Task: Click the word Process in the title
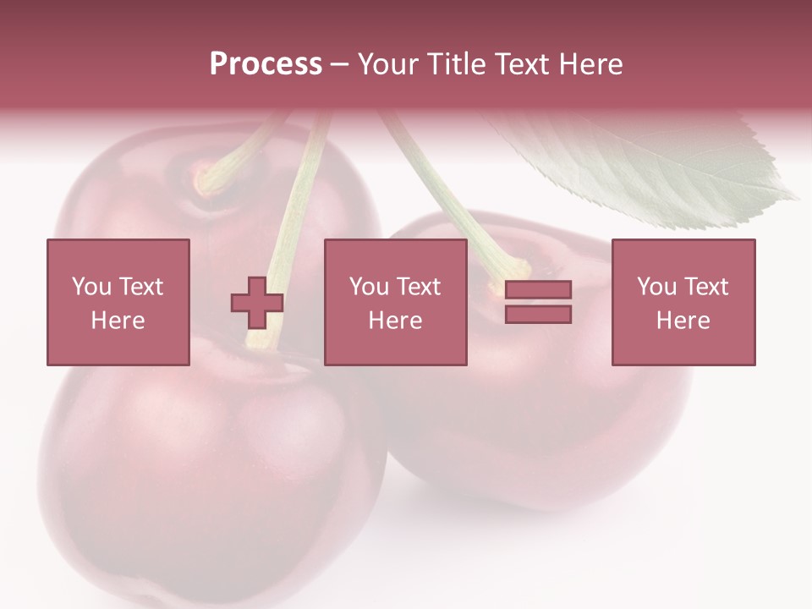[x=266, y=63]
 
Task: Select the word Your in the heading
[x=390, y=63]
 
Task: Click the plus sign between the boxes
[x=257, y=302]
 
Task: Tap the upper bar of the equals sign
[x=538, y=289]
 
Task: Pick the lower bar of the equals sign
[x=538, y=314]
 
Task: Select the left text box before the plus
[x=118, y=302]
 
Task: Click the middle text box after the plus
[x=396, y=302]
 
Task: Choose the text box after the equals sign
[x=683, y=302]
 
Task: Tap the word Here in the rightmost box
[x=683, y=320]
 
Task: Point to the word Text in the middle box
[x=419, y=287]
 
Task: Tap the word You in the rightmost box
[x=656, y=287]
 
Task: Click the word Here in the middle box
[x=396, y=320]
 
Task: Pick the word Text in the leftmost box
[x=141, y=287]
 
